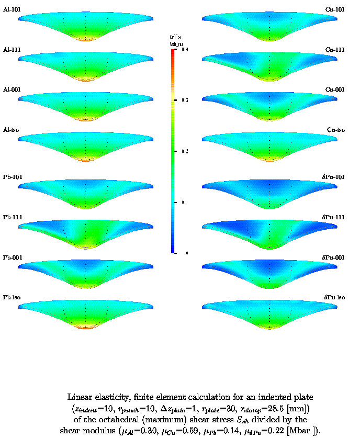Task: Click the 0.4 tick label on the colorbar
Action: click(185, 49)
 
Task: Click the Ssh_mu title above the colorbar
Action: click(175, 44)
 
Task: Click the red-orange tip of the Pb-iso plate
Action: click(86, 327)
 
